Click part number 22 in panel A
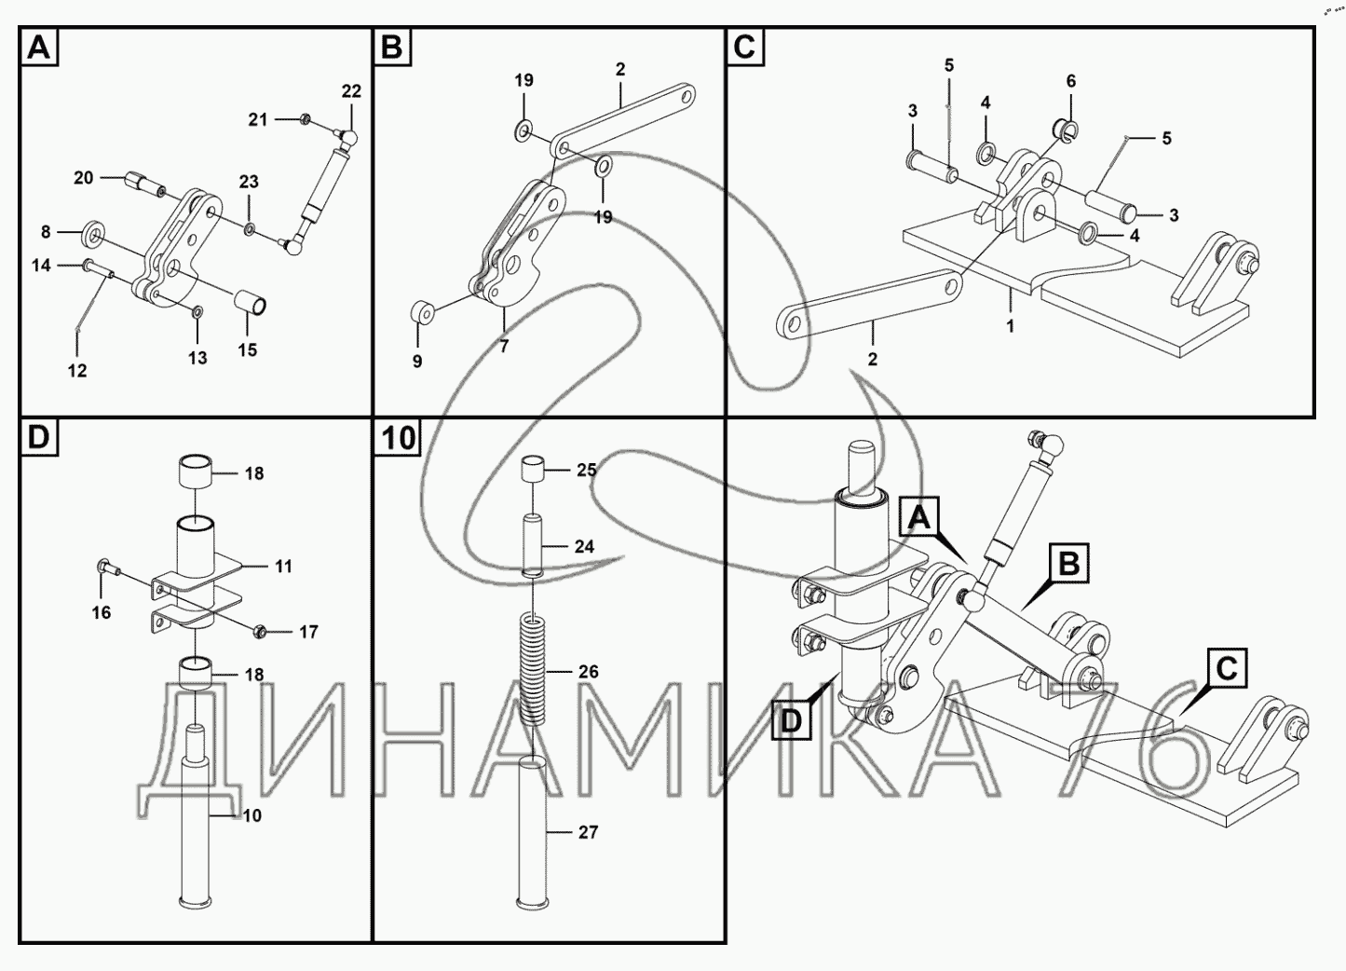[351, 91]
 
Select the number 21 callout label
[258, 119]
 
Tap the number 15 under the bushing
[247, 350]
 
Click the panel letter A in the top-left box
[38, 47]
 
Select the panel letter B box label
[392, 47]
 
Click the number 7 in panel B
[504, 347]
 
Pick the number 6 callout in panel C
[1071, 81]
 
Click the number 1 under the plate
[1011, 326]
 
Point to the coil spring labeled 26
[532, 669]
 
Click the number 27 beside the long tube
[588, 832]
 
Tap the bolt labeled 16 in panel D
[104, 567]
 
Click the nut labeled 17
[260, 631]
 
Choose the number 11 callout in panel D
[283, 566]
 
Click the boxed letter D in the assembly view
[790, 720]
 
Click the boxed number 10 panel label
[399, 438]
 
